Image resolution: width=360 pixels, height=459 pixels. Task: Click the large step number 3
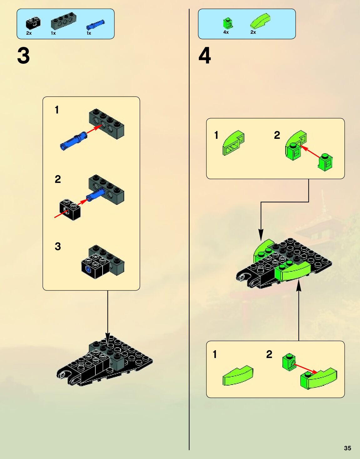(x=23, y=56)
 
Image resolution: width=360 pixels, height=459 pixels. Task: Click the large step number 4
(x=205, y=56)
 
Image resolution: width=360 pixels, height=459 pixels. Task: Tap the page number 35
(x=347, y=448)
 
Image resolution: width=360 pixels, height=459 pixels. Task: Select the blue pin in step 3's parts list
(x=95, y=24)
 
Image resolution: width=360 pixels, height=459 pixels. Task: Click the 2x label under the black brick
(x=29, y=33)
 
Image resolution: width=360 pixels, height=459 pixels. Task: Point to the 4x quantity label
(x=226, y=32)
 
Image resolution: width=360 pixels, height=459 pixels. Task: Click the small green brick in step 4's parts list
(x=228, y=23)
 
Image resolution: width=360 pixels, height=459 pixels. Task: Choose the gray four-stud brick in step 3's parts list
(x=63, y=21)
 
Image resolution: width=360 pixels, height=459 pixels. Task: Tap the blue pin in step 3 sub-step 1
(x=74, y=141)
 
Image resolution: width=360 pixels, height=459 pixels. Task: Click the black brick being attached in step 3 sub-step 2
(x=70, y=209)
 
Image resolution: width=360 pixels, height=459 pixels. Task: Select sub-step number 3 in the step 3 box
(x=58, y=246)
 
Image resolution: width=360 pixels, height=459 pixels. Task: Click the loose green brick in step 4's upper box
(x=325, y=162)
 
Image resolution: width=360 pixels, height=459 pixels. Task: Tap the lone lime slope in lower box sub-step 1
(x=238, y=375)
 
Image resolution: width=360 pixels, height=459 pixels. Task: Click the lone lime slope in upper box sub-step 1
(x=233, y=143)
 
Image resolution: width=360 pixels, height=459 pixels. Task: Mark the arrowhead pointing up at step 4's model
(x=298, y=286)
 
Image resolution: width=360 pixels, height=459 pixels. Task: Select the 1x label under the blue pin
(x=89, y=33)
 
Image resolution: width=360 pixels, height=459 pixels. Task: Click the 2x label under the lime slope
(x=253, y=32)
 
